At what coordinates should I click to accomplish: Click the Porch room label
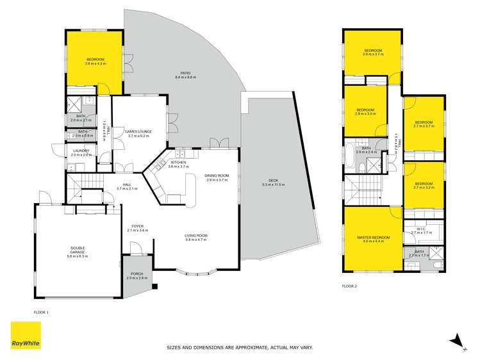(137, 276)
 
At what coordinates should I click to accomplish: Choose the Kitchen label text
(179, 163)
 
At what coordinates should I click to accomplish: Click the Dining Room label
(217, 176)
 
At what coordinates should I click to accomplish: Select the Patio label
(186, 74)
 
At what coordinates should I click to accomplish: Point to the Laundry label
(81, 151)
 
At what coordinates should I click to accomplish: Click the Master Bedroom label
(370, 239)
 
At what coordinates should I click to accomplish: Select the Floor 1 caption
(41, 312)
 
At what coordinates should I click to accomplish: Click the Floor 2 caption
(350, 286)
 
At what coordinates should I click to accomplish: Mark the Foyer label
(138, 225)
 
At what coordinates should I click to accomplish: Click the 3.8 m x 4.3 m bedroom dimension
(95, 63)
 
